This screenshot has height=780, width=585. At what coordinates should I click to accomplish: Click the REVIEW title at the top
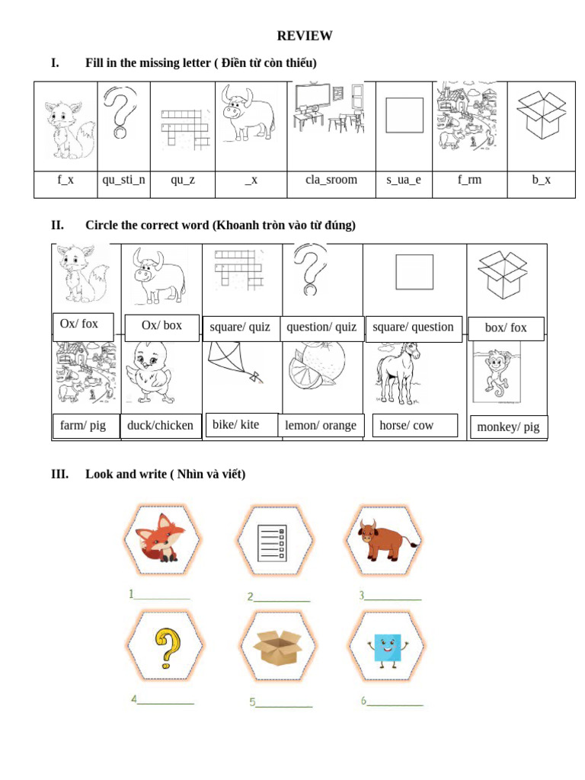(304, 36)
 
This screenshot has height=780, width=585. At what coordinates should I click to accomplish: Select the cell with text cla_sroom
(331, 181)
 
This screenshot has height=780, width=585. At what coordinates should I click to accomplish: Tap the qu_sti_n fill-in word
(123, 181)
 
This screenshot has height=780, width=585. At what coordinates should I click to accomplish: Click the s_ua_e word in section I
(403, 181)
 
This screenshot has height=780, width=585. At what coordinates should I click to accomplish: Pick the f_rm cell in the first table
(469, 181)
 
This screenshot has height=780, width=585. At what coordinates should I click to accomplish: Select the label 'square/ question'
(413, 328)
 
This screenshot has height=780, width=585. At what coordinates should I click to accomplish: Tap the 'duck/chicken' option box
(160, 426)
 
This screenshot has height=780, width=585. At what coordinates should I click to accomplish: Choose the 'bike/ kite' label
(235, 425)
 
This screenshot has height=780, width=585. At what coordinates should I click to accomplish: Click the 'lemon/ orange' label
(321, 426)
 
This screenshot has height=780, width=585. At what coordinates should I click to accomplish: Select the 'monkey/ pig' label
(507, 427)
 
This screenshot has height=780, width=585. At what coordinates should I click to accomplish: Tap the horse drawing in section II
(398, 371)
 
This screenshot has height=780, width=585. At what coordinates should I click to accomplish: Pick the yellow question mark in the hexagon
(165, 647)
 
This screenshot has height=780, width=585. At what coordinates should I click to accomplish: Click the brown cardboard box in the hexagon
(277, 647)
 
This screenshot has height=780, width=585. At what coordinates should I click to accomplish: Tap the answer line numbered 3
(392, 598)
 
